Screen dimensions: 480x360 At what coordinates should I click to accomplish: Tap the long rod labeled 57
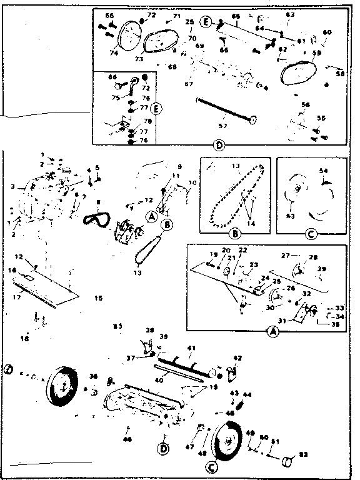click(225, 109)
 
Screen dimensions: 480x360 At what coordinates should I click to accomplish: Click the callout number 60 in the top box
click(327, 32)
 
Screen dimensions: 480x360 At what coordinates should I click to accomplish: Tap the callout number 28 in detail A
click(313, 256)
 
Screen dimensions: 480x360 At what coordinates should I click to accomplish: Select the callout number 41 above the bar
click(191, 347)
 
